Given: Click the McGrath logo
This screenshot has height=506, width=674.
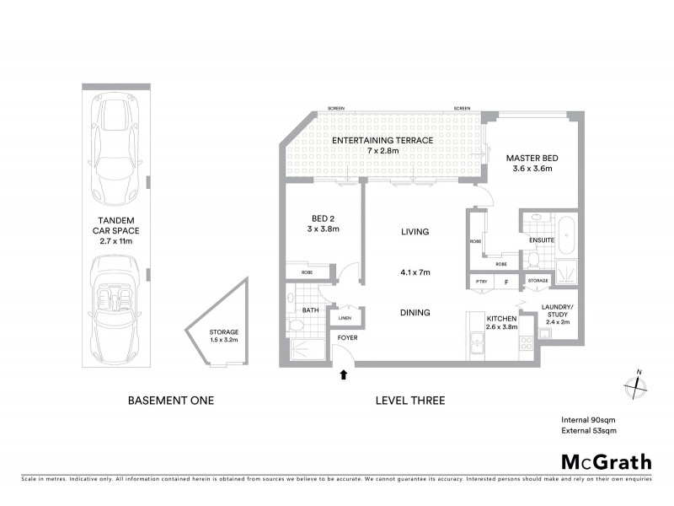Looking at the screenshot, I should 607,461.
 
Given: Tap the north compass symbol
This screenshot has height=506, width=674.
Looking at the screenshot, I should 634,386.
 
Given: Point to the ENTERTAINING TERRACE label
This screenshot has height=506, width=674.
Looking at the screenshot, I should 382,140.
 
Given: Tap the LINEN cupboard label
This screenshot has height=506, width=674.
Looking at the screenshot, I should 345,318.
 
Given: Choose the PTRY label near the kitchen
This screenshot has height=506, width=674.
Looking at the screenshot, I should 481,280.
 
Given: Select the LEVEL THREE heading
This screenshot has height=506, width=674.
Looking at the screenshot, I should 409,401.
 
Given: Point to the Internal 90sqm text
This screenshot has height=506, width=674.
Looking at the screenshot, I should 588,419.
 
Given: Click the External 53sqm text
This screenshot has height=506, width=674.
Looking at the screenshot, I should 589,431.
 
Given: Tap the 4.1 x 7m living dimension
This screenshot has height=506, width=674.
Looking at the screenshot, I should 415,272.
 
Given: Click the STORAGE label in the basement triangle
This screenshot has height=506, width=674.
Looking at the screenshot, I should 224,333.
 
